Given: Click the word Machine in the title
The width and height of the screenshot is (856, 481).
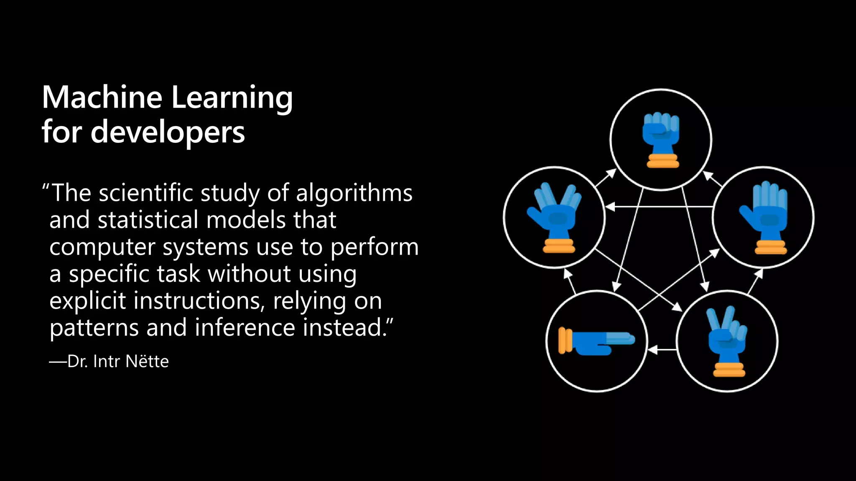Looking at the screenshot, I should [x=102, y=97].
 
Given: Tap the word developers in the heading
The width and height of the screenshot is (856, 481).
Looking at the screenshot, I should [x=168, y=132].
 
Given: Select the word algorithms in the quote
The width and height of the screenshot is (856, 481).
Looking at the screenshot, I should [x=354, y=193].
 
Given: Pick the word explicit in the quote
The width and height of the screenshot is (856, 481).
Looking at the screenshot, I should [x=87, y=301].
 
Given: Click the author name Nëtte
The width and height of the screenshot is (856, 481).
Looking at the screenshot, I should [x=147, y=362].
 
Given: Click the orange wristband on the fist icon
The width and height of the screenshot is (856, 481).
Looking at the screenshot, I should [x=662, y=161].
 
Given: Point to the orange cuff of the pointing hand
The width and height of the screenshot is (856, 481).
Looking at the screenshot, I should [x=565, y=341].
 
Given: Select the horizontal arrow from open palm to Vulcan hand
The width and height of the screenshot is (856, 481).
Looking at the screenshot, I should [x=660, y=207].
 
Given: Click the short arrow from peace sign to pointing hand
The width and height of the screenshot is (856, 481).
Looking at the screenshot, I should [x=662, y=349].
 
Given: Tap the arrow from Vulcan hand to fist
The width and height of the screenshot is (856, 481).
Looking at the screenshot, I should [x=606, y=177].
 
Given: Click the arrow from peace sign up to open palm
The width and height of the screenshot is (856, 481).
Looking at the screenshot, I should [x=755, y=282].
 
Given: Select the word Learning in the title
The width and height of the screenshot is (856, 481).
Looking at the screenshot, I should [x=232, y=97].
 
